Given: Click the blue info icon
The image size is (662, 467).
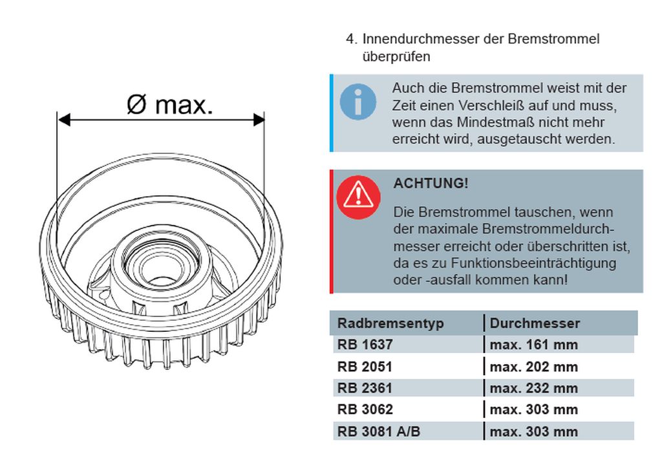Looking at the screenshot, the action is point(358,102).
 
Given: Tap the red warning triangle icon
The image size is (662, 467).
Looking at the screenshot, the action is point(358,197).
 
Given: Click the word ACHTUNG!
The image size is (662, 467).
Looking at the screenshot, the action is point(431,183).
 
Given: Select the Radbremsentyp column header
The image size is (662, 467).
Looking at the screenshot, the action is point(390,323).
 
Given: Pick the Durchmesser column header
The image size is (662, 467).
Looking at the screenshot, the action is point(535,323).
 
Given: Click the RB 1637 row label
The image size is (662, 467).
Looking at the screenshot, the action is point(365,345).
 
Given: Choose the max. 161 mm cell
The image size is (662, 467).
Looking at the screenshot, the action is point(533,345).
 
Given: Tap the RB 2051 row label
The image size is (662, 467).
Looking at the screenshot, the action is point(365,367).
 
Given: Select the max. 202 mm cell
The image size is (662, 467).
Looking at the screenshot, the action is point(533,367).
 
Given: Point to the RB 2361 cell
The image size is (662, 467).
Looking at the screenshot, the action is point(365,387).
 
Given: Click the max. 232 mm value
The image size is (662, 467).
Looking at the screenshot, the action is point(533,387).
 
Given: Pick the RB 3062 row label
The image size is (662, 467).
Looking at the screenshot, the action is point(365,409).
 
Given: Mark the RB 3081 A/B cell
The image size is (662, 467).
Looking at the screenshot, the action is point(379,431).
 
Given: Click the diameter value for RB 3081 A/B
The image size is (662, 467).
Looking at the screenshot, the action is point(533,431).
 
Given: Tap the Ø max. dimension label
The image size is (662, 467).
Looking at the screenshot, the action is point(170,104).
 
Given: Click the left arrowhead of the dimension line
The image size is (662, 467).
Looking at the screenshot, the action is point(64,120).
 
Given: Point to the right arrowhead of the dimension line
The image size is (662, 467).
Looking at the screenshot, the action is point(259,120).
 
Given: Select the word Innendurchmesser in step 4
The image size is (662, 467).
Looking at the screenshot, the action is point(432,39).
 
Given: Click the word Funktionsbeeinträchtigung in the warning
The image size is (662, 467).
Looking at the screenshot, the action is point(533,263).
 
